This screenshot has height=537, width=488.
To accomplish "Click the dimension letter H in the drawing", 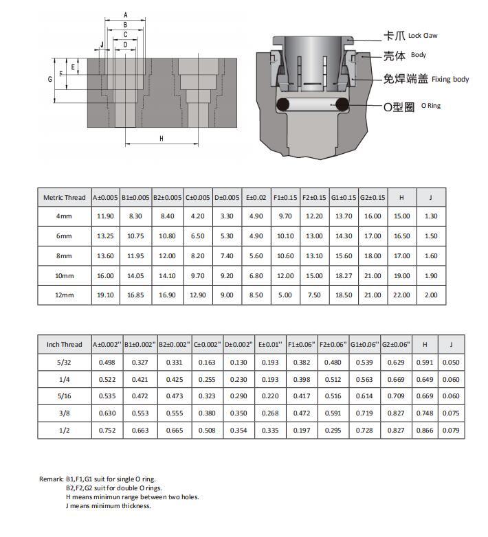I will point(162,139).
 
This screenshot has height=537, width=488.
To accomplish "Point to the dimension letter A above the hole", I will point(125,14).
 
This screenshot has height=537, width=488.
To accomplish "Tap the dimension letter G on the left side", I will point(50,80).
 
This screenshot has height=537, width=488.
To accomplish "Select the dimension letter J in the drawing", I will point(101,45).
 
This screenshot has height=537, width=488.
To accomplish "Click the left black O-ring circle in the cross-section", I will point(281,104).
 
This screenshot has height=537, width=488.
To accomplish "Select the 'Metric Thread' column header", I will point(64,198).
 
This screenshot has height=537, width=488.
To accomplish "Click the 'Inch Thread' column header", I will point(64,344).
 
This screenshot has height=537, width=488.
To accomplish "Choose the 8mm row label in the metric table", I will point(64,256).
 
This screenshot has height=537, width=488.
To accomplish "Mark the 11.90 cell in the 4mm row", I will point(106,216).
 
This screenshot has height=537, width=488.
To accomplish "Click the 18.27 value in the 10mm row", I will point(343,276).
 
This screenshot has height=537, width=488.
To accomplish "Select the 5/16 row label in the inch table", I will point(64,396).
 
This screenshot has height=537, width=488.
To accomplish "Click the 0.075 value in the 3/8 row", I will point(451,413).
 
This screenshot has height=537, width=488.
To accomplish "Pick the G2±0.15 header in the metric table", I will point(373,198).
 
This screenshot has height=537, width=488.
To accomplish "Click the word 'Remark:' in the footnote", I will point(51,479).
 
